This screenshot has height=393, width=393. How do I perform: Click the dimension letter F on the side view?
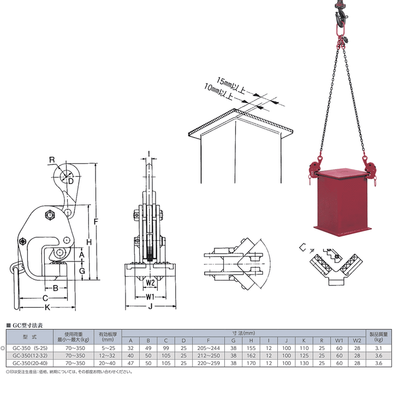point(96,222)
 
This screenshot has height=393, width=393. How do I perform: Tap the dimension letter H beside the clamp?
point(89,242)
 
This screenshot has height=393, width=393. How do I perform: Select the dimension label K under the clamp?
point(47,307)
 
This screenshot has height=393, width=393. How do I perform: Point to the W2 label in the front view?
point(150,283)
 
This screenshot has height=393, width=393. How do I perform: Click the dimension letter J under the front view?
point(151,306)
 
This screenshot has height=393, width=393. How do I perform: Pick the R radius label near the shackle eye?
point(52,159)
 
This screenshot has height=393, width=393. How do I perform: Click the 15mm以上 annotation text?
point(230,85)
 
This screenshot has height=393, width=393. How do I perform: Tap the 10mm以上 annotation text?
point(218,92)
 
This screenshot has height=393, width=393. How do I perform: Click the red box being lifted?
point(343,203)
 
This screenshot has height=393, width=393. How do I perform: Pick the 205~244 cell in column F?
point(209,348)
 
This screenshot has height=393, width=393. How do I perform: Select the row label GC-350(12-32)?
point(30,356)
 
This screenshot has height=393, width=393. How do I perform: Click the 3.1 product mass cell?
point(378,348)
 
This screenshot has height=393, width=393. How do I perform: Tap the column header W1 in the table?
point(339,341)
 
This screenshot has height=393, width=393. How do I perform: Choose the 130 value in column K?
point(304,363)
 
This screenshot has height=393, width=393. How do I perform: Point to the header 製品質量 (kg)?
point(378,337)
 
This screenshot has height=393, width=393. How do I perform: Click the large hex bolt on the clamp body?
point(50,215)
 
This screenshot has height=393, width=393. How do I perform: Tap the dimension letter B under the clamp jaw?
point(56,288)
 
